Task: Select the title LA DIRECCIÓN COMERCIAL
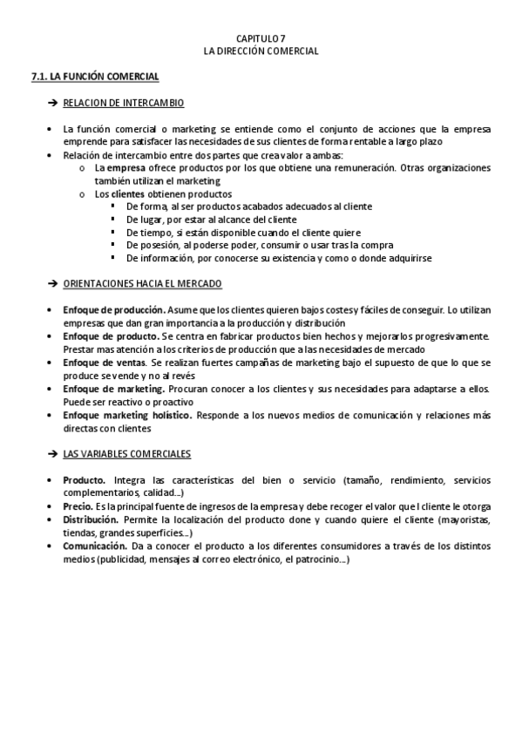261,51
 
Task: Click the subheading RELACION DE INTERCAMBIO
124,103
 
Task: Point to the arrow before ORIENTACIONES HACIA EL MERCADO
52,284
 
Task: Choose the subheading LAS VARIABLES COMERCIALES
127,454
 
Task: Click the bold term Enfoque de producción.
114,309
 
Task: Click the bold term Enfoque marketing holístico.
127,416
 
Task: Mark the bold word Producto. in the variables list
85,480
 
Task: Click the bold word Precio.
78,506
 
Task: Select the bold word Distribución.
91,519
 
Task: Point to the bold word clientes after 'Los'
128,193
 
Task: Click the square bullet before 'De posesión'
113,246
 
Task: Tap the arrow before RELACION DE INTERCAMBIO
52,104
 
